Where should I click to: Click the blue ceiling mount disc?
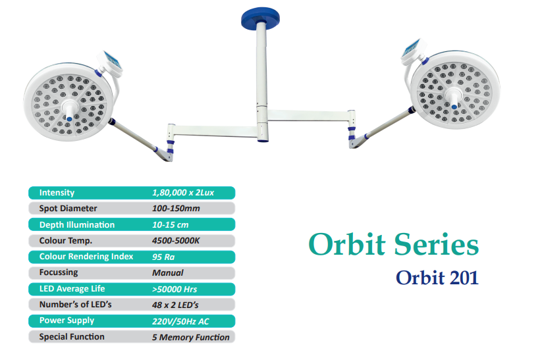pyautogui.click(x=260, y=18)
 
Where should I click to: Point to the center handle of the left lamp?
pyautogui.click(x=68, y=110)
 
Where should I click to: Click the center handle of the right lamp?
pyautogui.click(x=453, y=97)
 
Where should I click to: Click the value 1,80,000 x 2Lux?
pyautogui.click(x=183, y=193)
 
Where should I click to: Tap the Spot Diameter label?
pyautogui.click(x=68, y=209)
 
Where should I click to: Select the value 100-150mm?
pyautogui.click(x=176, y=209)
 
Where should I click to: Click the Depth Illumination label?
pyautogui.click(x=77, y=224)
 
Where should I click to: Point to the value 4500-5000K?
pyautogui.click(x=176, y=241)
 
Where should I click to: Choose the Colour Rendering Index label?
pyautogui.click(x=86, y=257)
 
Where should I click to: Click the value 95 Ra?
pyautogui.click(x=163, y=257)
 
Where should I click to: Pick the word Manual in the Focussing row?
pyautogui.click(x=168, y=273)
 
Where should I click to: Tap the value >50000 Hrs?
pyautogui.click(x=175, y=289)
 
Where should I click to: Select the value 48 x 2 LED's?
pyautogui.click(x=175, y=305)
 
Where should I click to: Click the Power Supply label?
pyautogui.click(x=67, y=321)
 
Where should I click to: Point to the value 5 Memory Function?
pyautogui.click(x=191, y=337)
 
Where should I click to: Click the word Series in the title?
pyautogui.click(x=436, y=244)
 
